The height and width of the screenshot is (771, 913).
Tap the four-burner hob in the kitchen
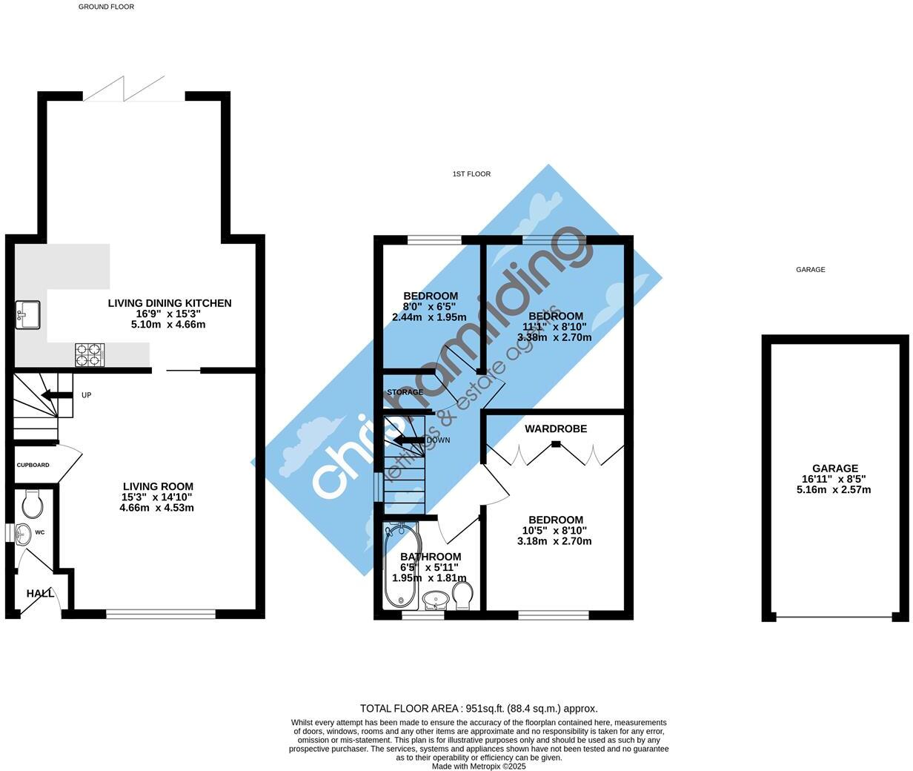point(90,355)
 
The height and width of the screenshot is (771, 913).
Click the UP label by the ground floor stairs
point(87,395)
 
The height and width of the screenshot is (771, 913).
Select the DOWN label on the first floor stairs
point(439,440)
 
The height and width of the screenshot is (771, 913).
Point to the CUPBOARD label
point(33,466)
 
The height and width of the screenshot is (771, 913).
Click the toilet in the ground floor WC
point(33,505)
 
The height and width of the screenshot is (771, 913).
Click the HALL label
point(40,594)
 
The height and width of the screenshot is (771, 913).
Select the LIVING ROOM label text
point(158,487)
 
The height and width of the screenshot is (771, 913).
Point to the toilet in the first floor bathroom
point(462,595)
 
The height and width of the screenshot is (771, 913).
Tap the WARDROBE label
point(556,429)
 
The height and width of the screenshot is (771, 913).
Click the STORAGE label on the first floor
point(405,392)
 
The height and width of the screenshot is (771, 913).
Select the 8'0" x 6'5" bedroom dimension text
point(429,306)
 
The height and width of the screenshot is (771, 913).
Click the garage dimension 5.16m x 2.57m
point(834,490)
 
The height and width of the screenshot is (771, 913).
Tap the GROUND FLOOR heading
point(106,7)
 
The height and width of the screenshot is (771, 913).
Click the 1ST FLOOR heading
point(471,174)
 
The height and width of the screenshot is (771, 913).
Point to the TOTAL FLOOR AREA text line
point(479,709)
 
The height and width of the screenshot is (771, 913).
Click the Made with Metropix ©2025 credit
point(479,767)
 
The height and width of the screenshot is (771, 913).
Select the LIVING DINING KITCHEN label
point(170,303)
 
